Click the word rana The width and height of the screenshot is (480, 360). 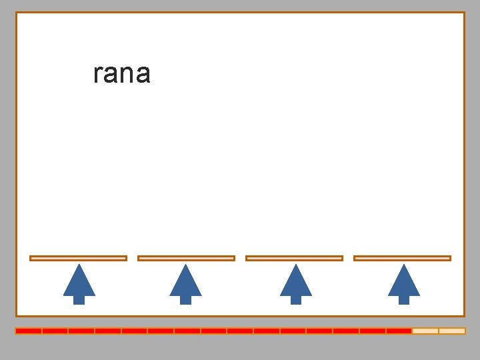click(x=122, y=74)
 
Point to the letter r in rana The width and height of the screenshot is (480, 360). click(x=97, y=75)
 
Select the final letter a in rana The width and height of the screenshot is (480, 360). click(x=143, y=75)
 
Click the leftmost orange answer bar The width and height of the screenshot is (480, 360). click(x=78, y=258)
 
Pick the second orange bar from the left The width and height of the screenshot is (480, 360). click(x=186, y=258)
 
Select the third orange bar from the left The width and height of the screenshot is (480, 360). click(x=294, y=258)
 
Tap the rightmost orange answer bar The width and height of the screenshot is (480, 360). click(x=402, y=258)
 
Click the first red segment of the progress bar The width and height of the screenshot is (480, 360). click(x=29, y=331)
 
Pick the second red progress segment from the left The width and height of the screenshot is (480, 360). click(x=55, y=331)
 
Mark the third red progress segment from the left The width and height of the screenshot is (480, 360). click(x=81, y=331)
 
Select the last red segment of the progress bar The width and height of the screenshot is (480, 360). click(x=399, y=331)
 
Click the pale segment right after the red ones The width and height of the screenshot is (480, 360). click(x=425, y=331)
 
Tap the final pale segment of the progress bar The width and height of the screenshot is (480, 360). click(x=452, y=331)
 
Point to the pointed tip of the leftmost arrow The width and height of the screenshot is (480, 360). click(x=79, y=266)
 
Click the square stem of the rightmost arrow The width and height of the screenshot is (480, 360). click(x=403, y=300)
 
